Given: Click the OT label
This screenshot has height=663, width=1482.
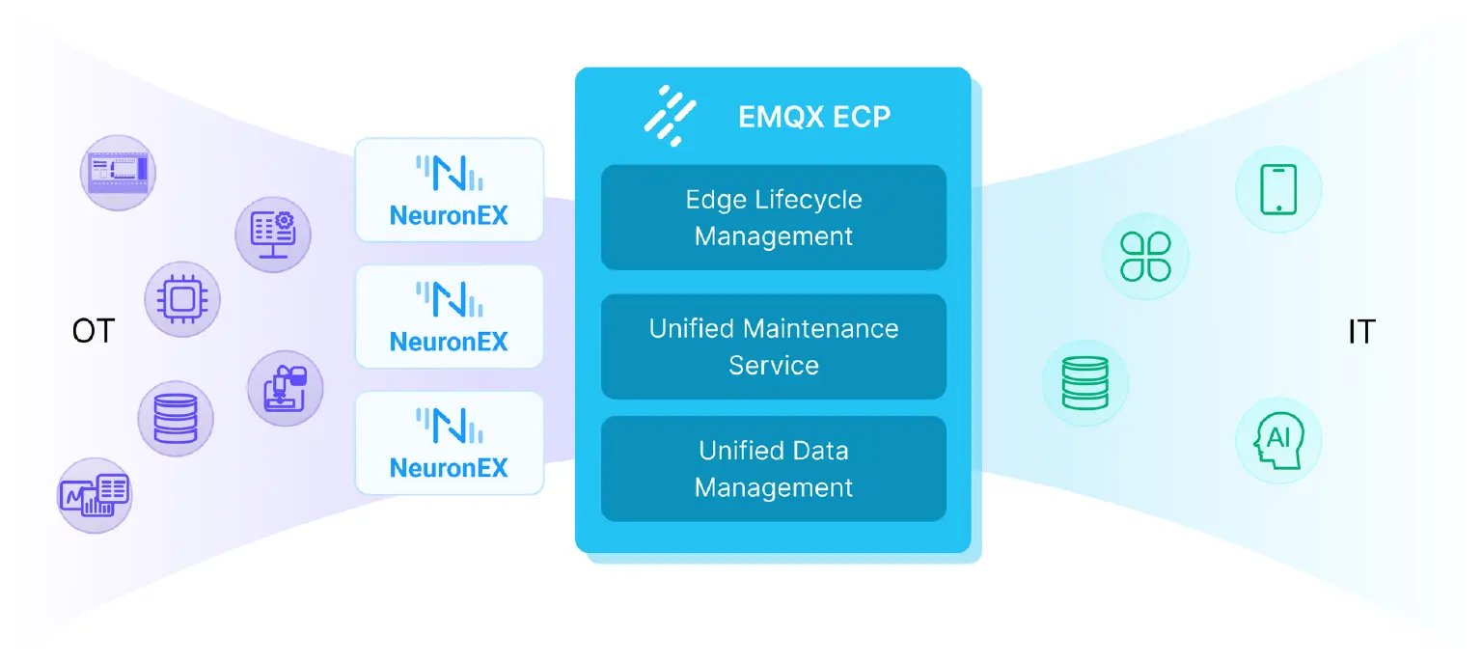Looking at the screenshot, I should click(x=93, y=332).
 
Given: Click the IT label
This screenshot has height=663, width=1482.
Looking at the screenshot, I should click(x=1360, y=332).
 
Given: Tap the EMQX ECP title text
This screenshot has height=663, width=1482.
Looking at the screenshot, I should click(x=813, y=117).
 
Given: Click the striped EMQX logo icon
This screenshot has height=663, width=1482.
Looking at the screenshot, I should click(x=670, y=116).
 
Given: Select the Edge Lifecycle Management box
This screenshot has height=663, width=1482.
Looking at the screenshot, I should click(x=773, y=217).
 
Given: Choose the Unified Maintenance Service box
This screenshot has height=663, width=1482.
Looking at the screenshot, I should click(x=773, y=346).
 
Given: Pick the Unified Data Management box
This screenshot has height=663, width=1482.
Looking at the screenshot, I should click(x=773, y=468).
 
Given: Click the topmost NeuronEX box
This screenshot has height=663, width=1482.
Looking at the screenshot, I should click(x=449, y=189).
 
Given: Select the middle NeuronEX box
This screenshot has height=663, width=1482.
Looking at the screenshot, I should click(x=449, y=317).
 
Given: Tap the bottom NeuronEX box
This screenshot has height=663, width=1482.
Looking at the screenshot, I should click(x=449, y=443).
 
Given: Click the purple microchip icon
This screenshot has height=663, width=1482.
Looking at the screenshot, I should click(x=182, y=299).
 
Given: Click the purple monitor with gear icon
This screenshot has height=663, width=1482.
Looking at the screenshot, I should click(x=273, y=233).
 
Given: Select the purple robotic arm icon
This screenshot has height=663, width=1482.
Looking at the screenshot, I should click(x=285, y=388).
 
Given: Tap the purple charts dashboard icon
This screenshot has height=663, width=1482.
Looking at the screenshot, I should click(x=94, y=495).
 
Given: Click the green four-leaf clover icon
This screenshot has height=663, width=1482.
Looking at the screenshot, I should click(x=1145, y=257).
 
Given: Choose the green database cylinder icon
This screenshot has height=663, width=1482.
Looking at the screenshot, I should click(x=1085, y=383).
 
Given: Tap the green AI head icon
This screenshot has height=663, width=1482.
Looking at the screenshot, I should click(x=1277, y=440).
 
